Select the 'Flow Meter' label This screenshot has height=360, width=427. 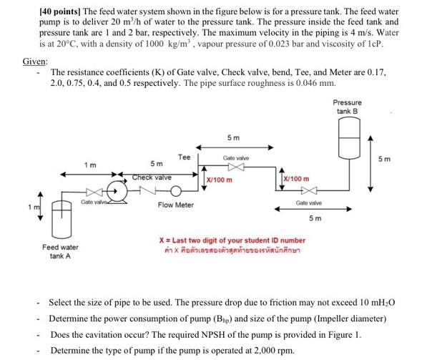pyautogui.click(x=175, y=205)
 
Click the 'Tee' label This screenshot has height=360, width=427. pyautogui.click(x=184, y=157)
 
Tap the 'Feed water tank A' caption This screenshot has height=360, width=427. pyautogui.click(x=60, y=251)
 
